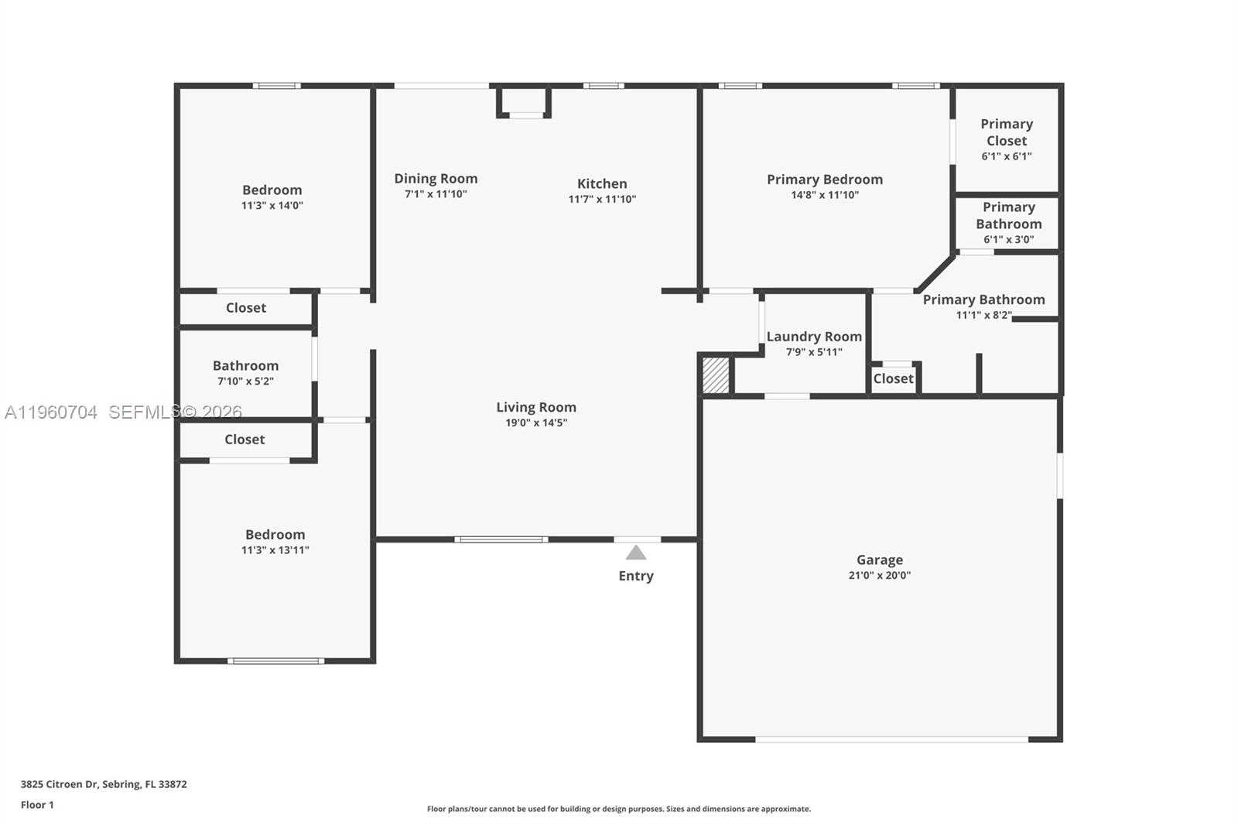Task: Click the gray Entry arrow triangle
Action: [636, 553]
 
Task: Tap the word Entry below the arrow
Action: [636, 576]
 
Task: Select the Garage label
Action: [880, 560]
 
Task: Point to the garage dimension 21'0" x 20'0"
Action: [880, 576]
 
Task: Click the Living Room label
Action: [536, 407]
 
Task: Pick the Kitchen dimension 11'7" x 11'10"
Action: [602, 200]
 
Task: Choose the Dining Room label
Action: [436, 178]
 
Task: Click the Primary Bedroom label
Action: [825, 179]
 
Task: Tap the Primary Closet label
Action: [1007, 132]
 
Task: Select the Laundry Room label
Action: [814, 337]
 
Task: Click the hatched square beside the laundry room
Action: [716, 375]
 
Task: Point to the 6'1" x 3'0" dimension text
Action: [1008, 240]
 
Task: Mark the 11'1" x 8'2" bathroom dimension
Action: [983, 315]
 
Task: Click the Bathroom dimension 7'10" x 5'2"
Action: [245, 382]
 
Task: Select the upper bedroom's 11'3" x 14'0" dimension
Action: [272, 206]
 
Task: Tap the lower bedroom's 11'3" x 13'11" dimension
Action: [275, 550]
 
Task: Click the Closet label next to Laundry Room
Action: [893, 378]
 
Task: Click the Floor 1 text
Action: [37, 805]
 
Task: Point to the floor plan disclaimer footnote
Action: [619, 809]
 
